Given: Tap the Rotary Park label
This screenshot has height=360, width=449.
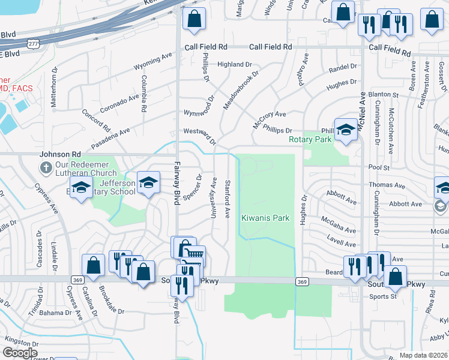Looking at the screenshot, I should point(310,140).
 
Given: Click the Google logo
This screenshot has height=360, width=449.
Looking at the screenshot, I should point(20,353).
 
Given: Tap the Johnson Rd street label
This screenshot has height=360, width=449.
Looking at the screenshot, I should point(60,154).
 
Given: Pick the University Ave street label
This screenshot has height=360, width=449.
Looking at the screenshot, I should point(214,197).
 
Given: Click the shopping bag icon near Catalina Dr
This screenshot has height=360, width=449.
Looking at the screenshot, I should point(94,266).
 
